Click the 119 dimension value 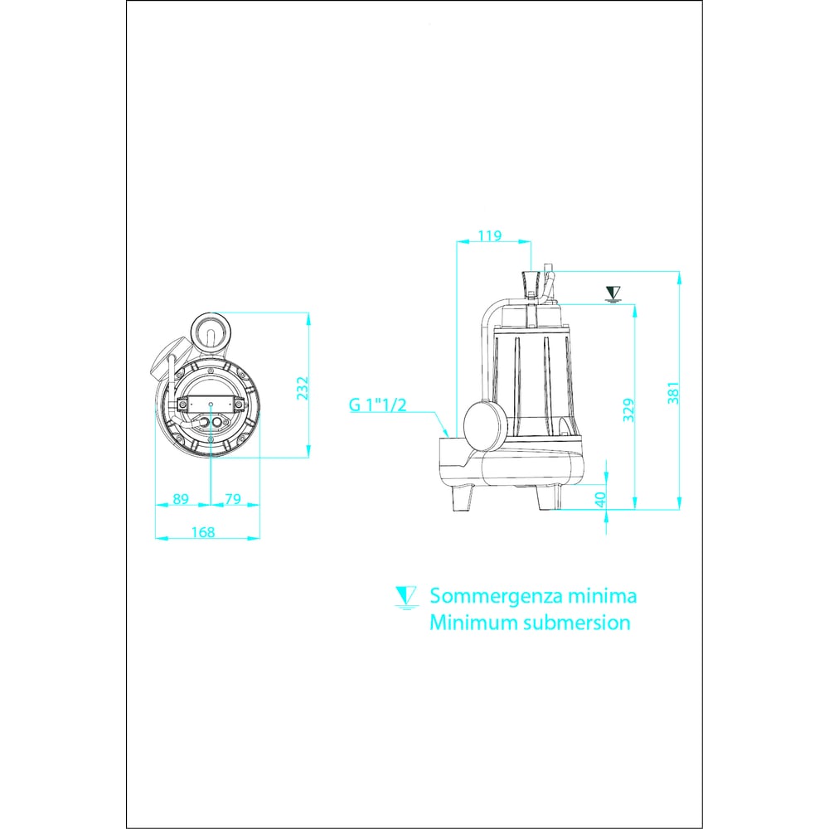[490, 235]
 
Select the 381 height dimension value [673, 393]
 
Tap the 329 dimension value [628, 410]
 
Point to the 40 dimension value [600, 500]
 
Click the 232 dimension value [302, 388]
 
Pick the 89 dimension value [181, 498]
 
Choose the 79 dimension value [233, 498]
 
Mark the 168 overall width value [203, 532]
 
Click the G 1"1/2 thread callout [377, 405]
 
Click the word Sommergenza [496, 596]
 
